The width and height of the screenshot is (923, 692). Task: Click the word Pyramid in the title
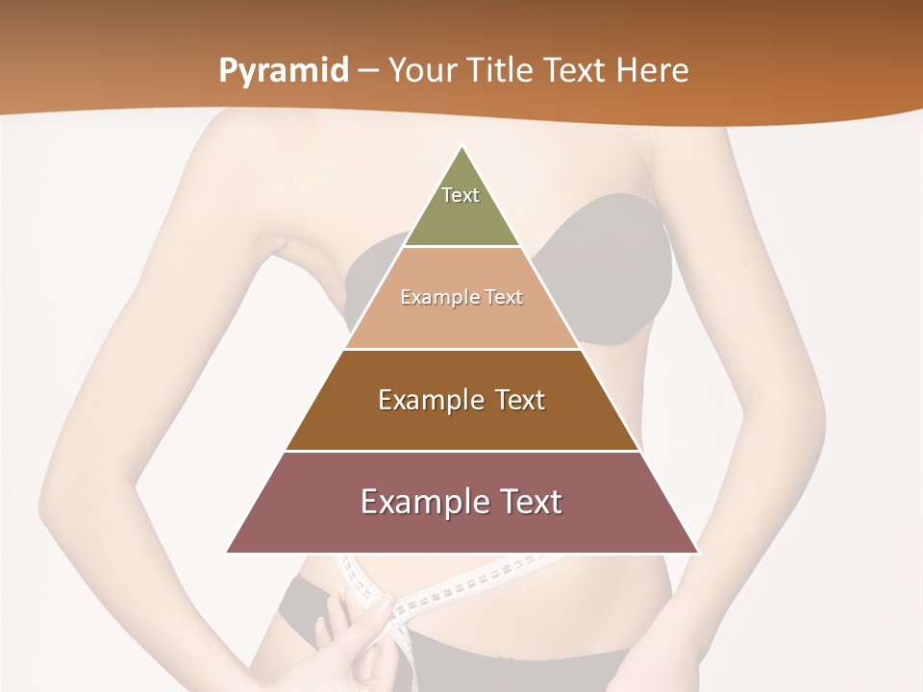pos(284,71)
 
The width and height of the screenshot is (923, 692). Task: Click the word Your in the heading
pos(423,71)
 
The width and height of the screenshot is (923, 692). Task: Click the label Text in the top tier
pos(461,195)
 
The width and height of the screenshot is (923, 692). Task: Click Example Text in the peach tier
pos(461,297)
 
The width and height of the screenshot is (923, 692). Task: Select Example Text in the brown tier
pos(461,400)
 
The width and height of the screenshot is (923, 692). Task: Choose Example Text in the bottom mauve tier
pos(461,502)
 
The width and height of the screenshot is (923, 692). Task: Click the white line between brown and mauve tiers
pos(461,451)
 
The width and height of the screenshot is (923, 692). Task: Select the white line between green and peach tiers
pos(461,247)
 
